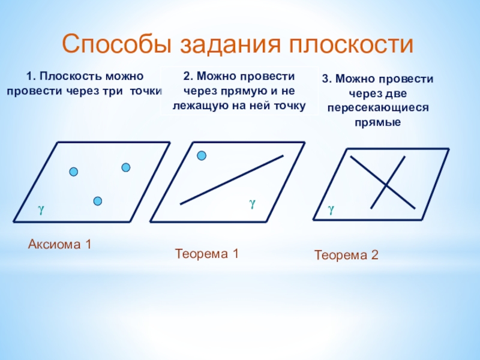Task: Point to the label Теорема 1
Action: (207, 254)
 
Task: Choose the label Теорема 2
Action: (347, 256)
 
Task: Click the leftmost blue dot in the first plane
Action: (74, 172)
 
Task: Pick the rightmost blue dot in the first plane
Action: (126, 167)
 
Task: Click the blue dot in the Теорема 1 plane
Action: (202, 156)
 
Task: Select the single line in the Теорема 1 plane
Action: (232, 180)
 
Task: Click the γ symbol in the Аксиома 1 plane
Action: (40, 209)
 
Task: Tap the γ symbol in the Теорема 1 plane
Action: (253, 204)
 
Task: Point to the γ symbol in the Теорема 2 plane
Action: (330, 209)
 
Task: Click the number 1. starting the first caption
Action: (31, 77)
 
